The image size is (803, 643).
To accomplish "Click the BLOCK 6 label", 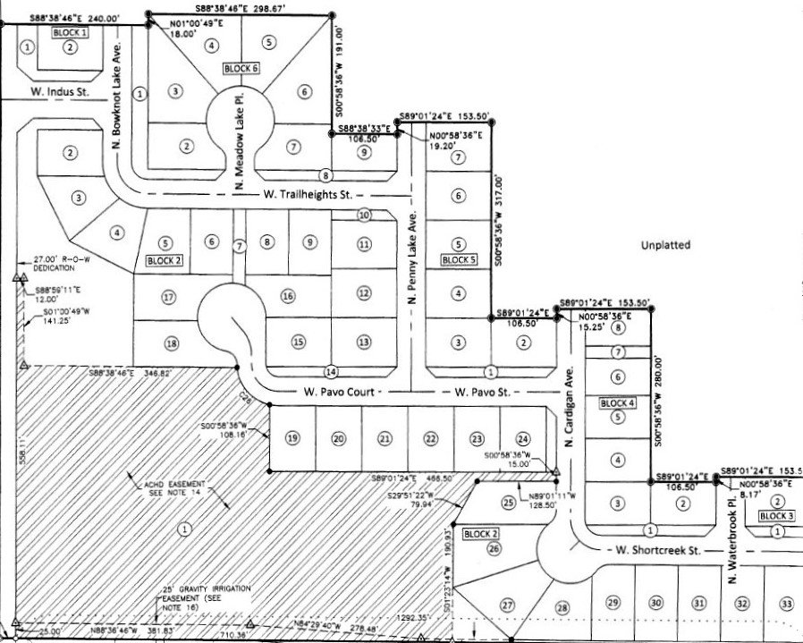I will point(241,68).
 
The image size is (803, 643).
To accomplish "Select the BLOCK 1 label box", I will point(71,32).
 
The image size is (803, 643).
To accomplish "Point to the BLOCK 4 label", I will point(618,403).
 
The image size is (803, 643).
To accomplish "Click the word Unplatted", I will point(666,243).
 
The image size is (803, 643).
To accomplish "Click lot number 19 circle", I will point(292,438).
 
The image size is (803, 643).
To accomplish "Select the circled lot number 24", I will point(523,438).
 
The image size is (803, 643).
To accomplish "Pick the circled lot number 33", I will point(786,604).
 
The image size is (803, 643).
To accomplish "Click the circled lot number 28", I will point(562,608).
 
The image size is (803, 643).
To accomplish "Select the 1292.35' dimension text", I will point(410,616).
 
